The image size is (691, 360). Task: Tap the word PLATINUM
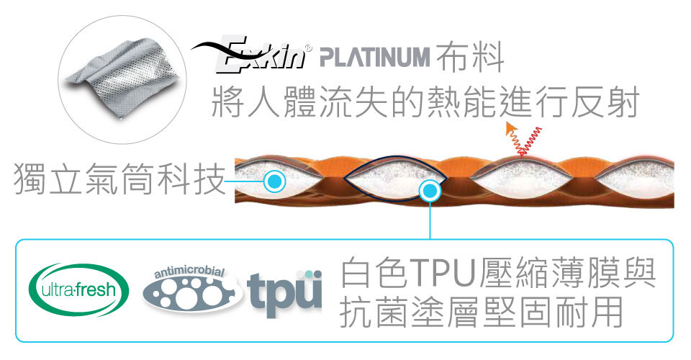pyautogui.click(x=374, y=57)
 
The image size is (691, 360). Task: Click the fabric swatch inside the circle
pyautogui.click(x=119, y=79)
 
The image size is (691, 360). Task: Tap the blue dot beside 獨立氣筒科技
pyautogui.click(x=272, y=180)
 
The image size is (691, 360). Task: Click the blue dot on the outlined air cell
pyautogui.click(x=430, y=191)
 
